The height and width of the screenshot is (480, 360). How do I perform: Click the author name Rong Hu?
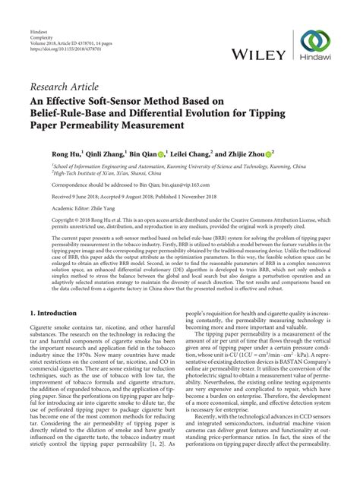(65, 153)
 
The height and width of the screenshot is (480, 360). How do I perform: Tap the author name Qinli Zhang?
(109, 153)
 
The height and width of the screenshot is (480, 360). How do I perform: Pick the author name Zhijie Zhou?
(245, 153)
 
